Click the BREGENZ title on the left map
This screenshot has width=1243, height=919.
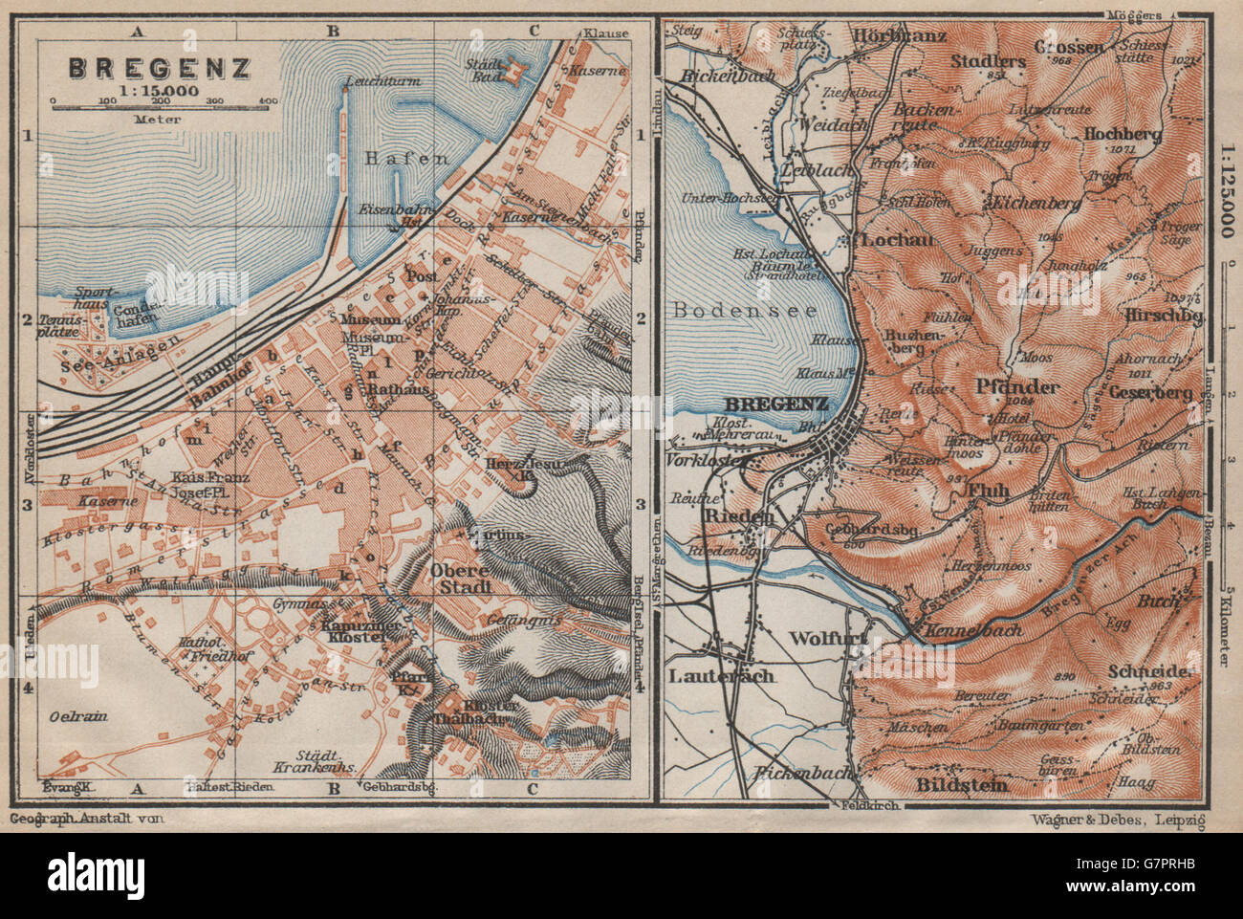pos(160,68)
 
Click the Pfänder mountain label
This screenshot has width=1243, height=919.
pos(1016,386)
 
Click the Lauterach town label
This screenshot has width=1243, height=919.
pos(721,675)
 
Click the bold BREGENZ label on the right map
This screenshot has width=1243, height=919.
pos(789,404)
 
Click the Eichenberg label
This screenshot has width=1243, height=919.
pos(1036,204)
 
